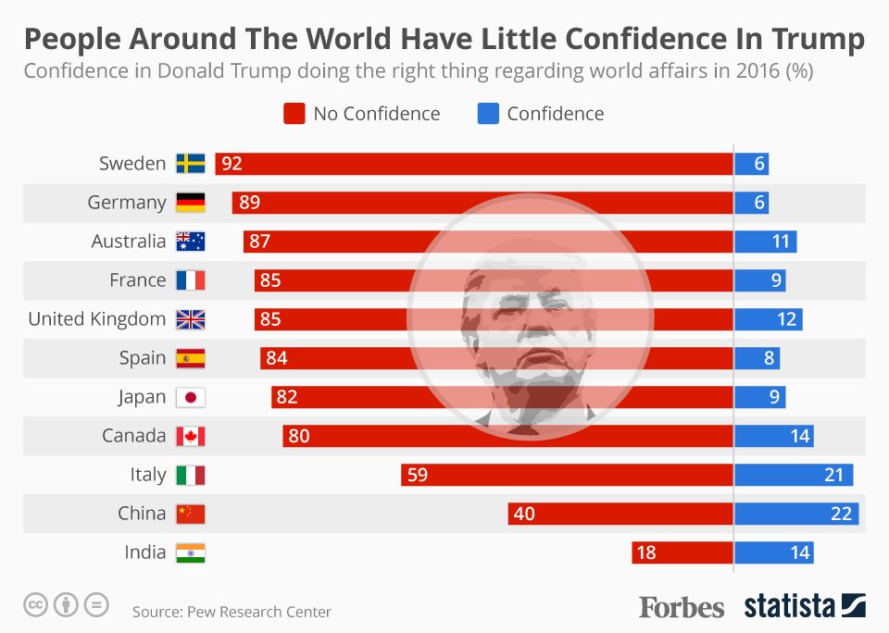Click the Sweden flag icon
point(191,164)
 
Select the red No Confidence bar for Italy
point(567,475)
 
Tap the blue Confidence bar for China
point(795,514)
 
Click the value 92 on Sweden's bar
point(232,164)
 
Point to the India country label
point(145,552)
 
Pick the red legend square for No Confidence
point(294,114)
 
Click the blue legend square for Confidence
point(487,114)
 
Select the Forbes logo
point(682,607)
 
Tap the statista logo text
point(789,607)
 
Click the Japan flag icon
point(191,397)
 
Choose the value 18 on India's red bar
point(646,552)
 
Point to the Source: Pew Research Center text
point(232,612)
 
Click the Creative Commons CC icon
point(36,606)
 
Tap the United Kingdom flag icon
point(191,319)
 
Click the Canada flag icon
point(191,436)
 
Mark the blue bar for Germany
point(751,203)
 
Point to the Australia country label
point(129,242)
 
